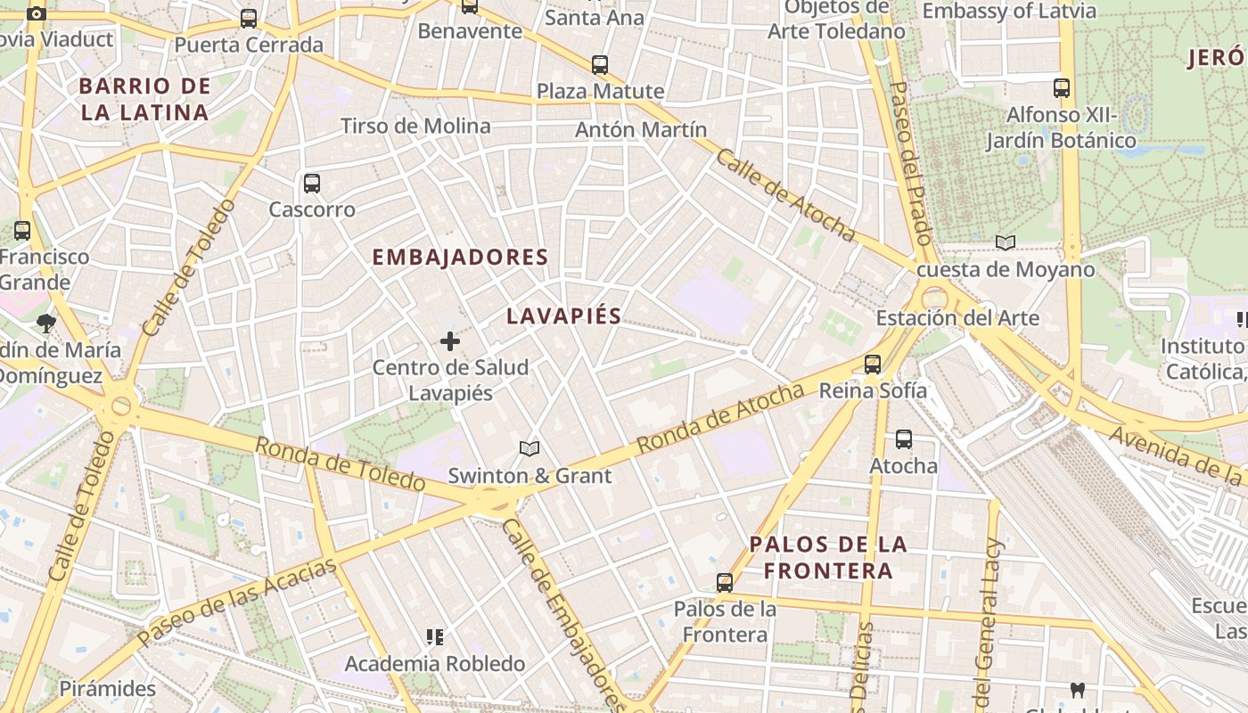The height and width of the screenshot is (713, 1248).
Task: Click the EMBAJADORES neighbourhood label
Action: pyautogui.click(x=459, y=258)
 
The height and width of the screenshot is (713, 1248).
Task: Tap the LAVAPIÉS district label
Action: pyautogui.click(x=563, y=316)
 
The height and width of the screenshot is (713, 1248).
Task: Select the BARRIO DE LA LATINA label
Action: pyautogui.click(x=144, y=99)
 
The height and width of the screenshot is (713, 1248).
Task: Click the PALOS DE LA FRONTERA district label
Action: pyautogui.click(x=828, y=557)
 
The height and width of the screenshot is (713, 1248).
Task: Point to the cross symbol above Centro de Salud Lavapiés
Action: pyautogui.click(x=450, y=340)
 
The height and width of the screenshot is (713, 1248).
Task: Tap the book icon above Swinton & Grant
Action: pyautogui.click(x=530, y=448)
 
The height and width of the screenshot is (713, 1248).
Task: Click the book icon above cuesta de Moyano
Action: pyautogui.click(x=1006, y=242)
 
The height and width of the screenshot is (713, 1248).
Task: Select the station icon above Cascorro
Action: pyautogui.click(x=311, y=184)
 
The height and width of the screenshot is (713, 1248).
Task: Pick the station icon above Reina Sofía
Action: pyautogui.click(x=873, y=364)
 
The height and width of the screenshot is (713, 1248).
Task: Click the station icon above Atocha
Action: pyautogui.click(x=904, y=438)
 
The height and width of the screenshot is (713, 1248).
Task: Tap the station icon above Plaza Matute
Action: pyautogui.click(x=600, y=64)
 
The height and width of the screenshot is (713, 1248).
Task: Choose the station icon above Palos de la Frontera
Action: pyautogui.click(x=725, y=583)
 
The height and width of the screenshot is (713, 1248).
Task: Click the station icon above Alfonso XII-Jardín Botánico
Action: pyautogui.click(x=1061, y=88)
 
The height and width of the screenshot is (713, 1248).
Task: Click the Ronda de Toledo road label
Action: pyautogui.click(x=340, y=463)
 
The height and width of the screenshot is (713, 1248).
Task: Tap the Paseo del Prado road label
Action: pyautogui.click(x=911, y=163)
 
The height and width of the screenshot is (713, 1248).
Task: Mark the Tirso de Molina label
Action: pyautogui.click(x=415, y=126)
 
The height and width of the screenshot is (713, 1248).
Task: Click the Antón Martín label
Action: pyautogui.click(x=641, y=129)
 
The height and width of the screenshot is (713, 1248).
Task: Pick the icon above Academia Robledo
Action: pyautogui.click(x=435, y=637)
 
